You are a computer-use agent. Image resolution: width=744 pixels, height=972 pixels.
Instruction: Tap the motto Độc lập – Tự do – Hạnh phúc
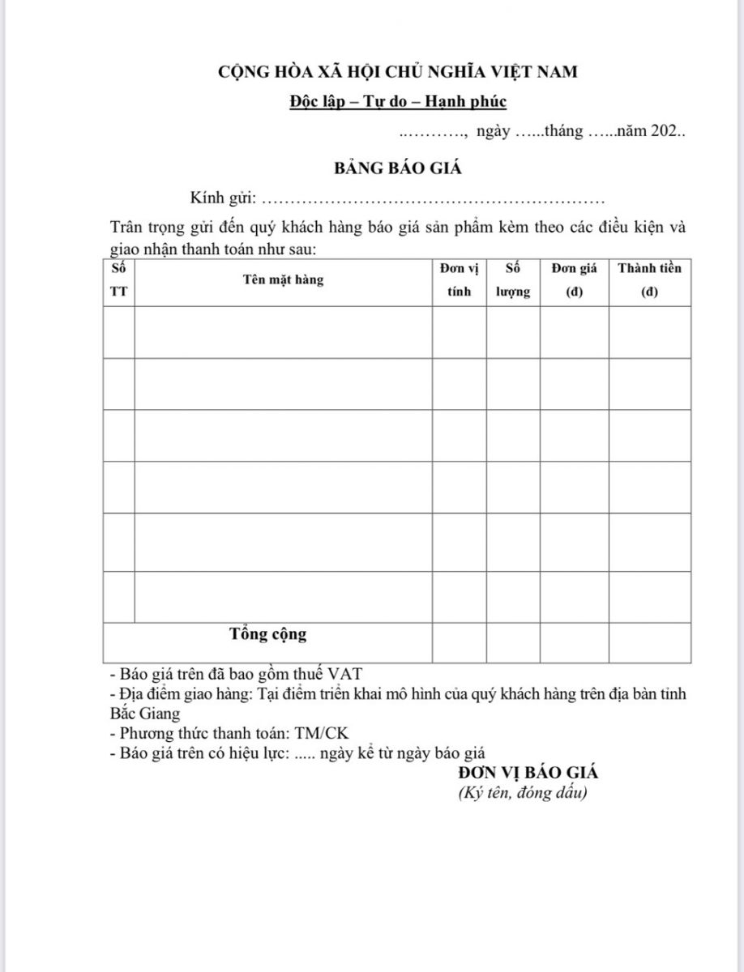[x=398, y=102]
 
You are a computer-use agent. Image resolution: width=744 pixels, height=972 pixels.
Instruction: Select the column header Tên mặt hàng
[x=282, y=279]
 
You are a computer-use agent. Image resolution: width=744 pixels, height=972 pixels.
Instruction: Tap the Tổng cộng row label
[x=267, y=633]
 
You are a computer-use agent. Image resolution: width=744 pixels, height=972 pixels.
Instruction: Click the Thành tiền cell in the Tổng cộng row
[x=649, y=642]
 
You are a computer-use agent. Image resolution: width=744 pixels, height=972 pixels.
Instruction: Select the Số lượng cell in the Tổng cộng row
[x=513, y=642]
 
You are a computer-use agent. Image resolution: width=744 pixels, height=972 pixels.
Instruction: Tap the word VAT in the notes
[x=349, y=674]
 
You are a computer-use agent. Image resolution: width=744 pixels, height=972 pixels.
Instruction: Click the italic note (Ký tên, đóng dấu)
[x=522, y=793]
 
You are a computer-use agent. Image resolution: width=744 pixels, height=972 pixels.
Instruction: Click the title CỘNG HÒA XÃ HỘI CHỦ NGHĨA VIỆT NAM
[x=398, y=72]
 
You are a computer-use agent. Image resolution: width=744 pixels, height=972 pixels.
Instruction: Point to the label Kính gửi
[x=223, y=198]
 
